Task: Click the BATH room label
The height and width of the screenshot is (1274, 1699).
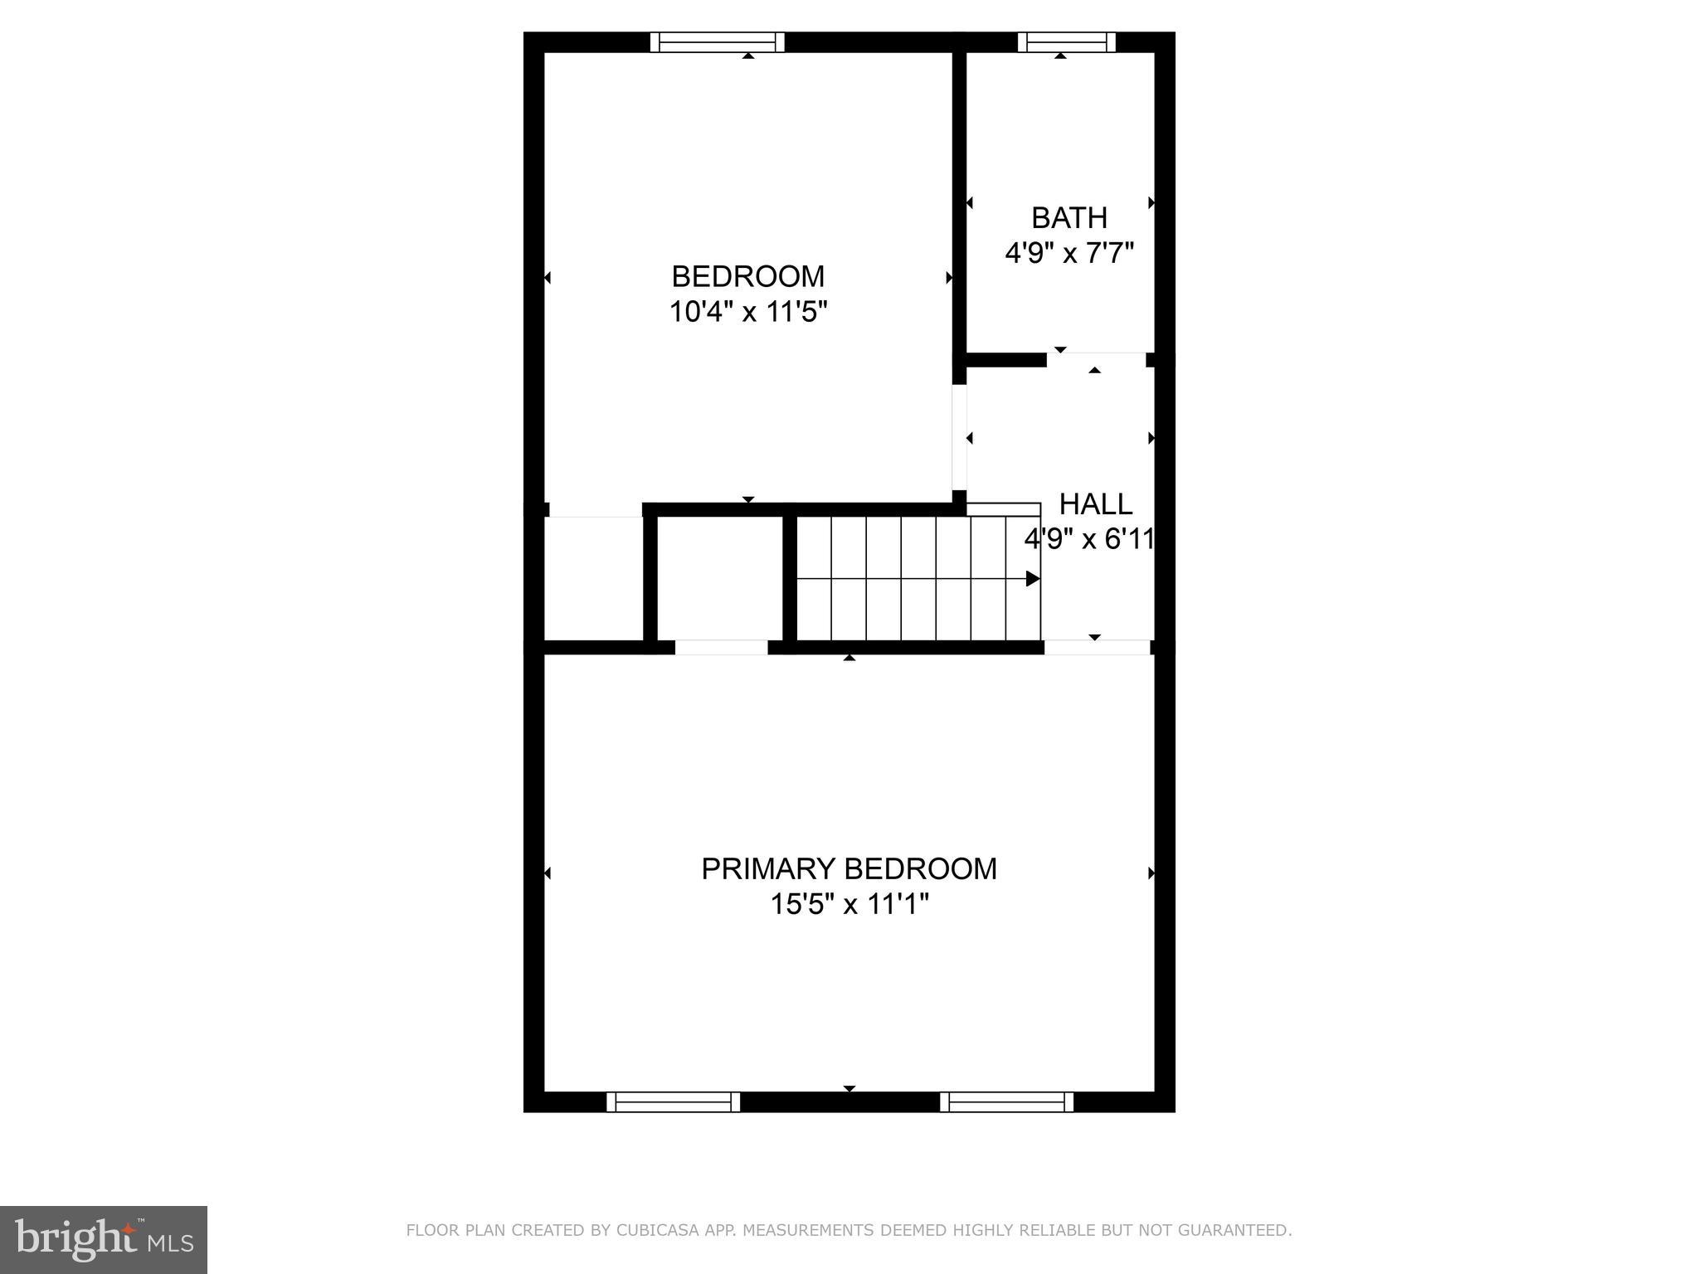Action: (1069, 217)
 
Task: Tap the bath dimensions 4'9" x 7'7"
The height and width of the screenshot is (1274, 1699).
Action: (1069, 252)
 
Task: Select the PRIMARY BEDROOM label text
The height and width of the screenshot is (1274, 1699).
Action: (849, 868)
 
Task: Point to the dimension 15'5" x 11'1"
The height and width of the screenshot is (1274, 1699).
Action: (849, 903)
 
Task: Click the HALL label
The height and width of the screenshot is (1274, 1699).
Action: (1095, 503)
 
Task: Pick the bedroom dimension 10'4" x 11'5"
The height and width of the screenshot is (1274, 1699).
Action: (748, 312)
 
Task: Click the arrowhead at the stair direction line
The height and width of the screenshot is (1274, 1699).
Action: (1033, 578)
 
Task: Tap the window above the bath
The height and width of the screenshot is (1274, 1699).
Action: (1066, 41)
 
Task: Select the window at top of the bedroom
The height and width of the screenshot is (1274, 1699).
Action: (717, 41)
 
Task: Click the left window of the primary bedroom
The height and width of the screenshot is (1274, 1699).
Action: (673, 1101)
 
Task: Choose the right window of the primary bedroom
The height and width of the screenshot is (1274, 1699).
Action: (1006, 1101)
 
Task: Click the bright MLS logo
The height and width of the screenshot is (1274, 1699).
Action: (104, 1240)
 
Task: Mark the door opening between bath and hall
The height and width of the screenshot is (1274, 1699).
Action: (1096, 359)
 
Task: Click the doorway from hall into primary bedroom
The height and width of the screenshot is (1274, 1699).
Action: (1097, 647)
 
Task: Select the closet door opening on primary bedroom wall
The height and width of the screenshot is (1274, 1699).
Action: (721, 647)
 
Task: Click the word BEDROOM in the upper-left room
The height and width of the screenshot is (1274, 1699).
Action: (748, 276)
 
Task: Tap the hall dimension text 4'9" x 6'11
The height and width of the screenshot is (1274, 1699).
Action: (1089, 539)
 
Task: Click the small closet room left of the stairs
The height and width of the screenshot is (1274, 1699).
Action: (720, 578)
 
